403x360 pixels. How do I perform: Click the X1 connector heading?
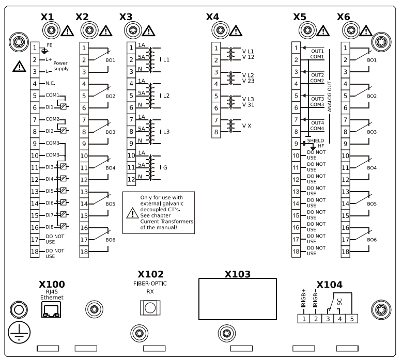(48, 17)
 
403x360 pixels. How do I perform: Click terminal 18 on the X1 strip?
(35, 252)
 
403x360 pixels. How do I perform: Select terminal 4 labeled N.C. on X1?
(35, 84)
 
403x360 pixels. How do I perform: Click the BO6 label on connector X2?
(111, 240)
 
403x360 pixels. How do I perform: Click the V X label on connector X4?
(248, 126)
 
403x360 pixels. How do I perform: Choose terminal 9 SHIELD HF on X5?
(296, 144)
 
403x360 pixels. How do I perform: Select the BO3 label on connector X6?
(371, 132)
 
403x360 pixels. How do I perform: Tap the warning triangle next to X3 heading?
(148, 30)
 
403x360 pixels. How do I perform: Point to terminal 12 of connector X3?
(131, 180)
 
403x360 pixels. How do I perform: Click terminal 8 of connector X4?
(216, 132)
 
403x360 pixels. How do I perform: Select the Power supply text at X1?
(60, 66)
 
